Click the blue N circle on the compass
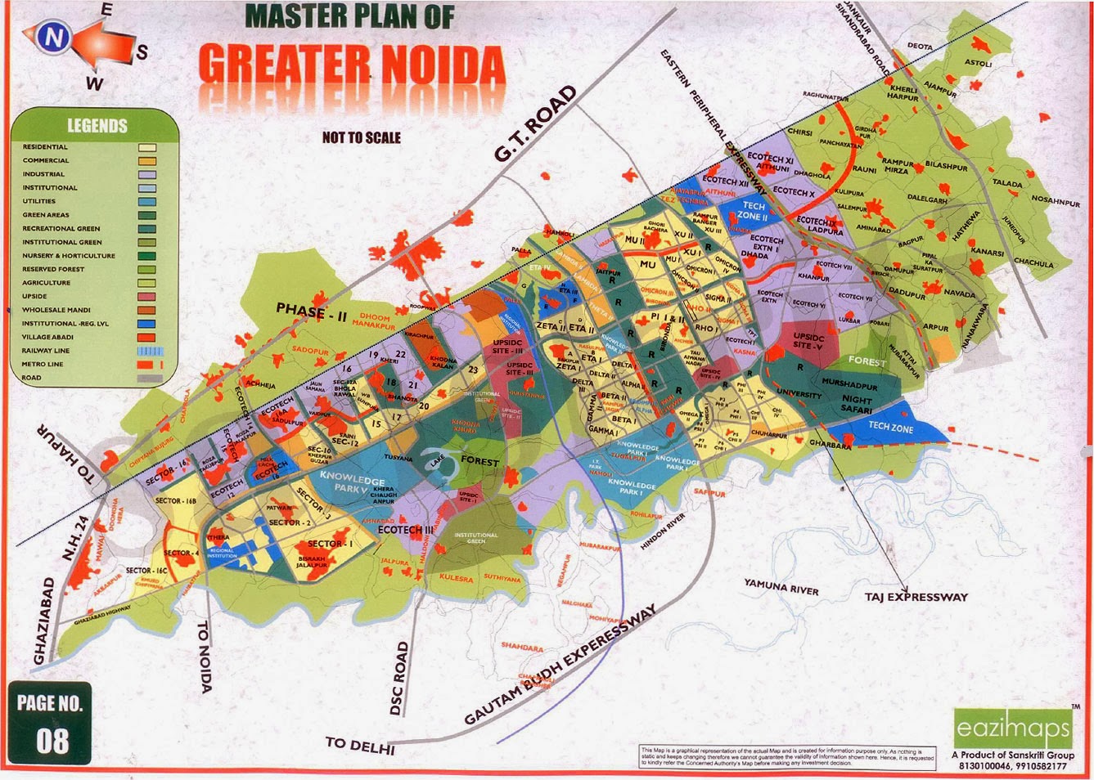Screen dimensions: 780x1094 pyautogui.click(x=54, y=37)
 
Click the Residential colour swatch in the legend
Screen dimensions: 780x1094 pyautogui.click(x=147, y=148)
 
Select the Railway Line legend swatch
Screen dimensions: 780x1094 pyautogui.click(x=147, y=351)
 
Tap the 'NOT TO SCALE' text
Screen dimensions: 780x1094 pyautogui.click(x=361, y=137)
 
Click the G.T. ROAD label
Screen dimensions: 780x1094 pyautogui.click(x=534, y=123)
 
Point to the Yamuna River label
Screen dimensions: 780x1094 pyautogui.click(x=781, y=587)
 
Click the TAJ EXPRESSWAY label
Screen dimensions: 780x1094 pyautogui.click(x=916, y=598)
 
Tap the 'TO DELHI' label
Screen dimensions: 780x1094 pyautogui.click(x=360, y=745)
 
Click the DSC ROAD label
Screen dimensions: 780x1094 pyautogui.click(x=400, y=679)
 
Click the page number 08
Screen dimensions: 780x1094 pyautogui.click(x=52, y=740)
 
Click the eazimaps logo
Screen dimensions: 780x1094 pyautogui.click(x=1012, y=727)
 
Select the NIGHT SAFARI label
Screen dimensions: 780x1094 pyautogui.click(x=857, y=405)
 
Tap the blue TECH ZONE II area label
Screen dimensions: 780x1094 pyautogui.click(x=753, y=212)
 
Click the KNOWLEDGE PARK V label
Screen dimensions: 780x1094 pyautogui.click(x=352, y=482)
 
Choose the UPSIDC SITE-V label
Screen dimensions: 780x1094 pyautogui.click(x=808, y=341)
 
